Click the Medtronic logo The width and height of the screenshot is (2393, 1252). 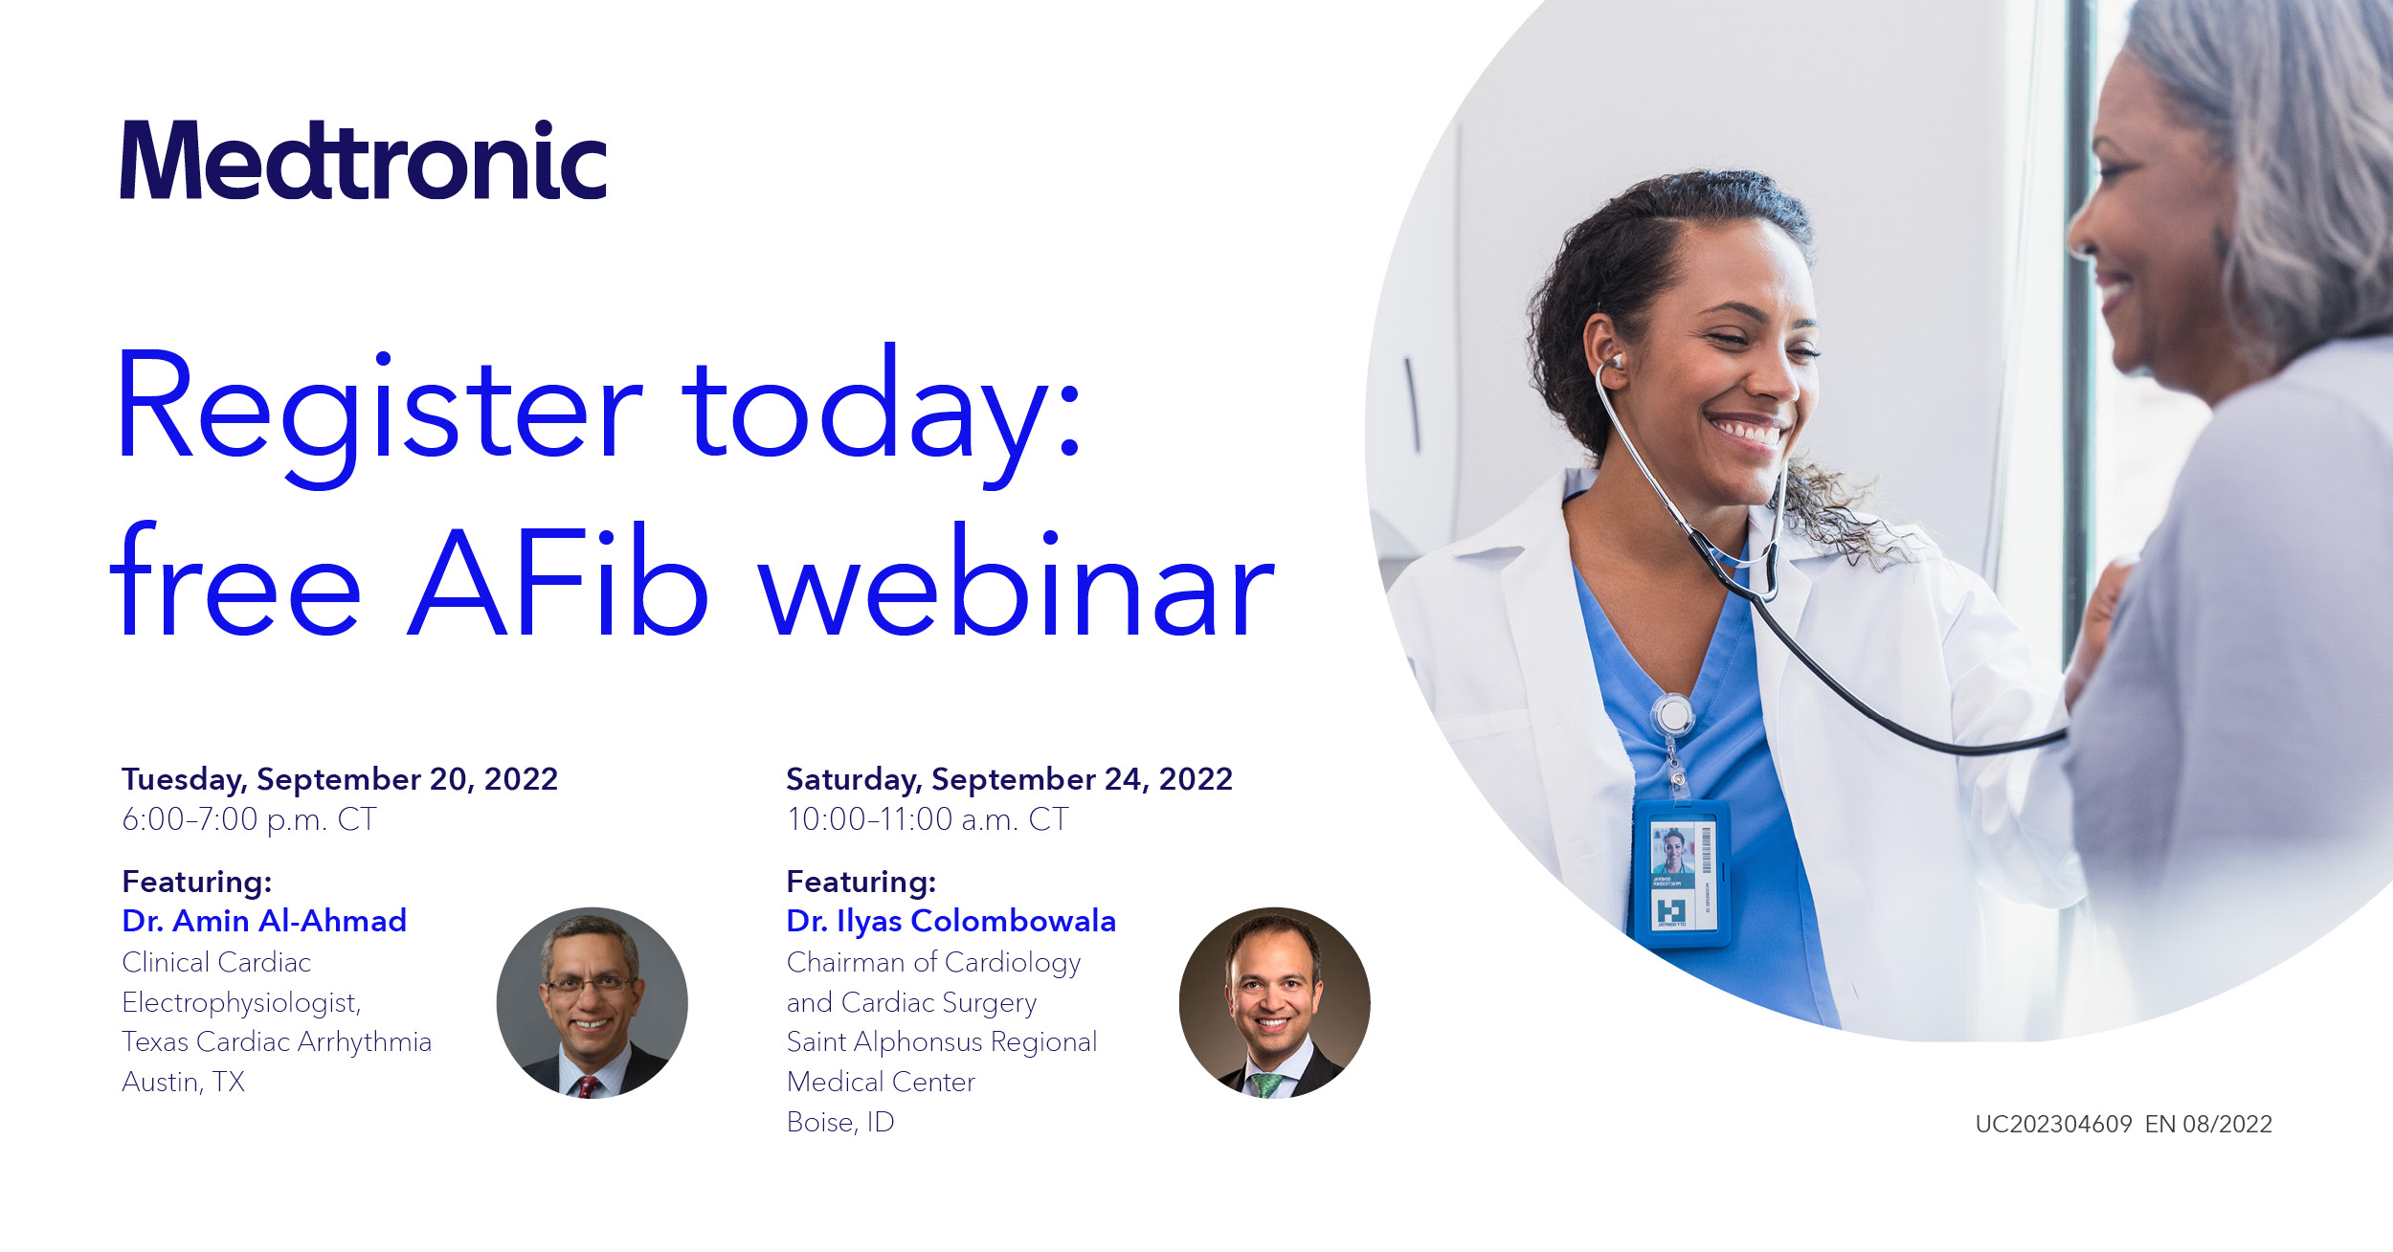[x=364, y=160]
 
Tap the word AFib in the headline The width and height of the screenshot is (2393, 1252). [x=557, y=581]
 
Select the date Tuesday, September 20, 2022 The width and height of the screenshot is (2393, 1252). [x=340, y=780]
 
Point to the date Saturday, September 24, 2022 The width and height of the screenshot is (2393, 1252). [x=1009, y=780]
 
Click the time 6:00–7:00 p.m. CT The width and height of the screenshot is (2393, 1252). [x=249, y=819]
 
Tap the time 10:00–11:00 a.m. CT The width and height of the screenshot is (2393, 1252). [x=927, y=819]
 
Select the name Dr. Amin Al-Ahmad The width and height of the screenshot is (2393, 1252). [x=264, y=921]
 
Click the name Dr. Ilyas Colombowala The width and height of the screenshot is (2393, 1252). [x=950, y=921]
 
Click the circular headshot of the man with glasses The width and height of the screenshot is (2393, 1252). [x=592, y=1002]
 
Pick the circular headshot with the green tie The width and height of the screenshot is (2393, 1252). [x=1274, y=1002]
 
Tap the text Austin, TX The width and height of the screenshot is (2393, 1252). [x=183, y=1083]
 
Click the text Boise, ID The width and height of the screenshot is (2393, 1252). [x=840, y=1122]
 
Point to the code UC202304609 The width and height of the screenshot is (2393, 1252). [x=2053, y=1124]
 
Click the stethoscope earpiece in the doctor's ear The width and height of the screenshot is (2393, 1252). [x=1617, y=361]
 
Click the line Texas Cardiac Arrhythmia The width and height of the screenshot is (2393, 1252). [x=277, y=1041]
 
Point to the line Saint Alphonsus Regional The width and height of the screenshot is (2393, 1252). [x=942, y=1041]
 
